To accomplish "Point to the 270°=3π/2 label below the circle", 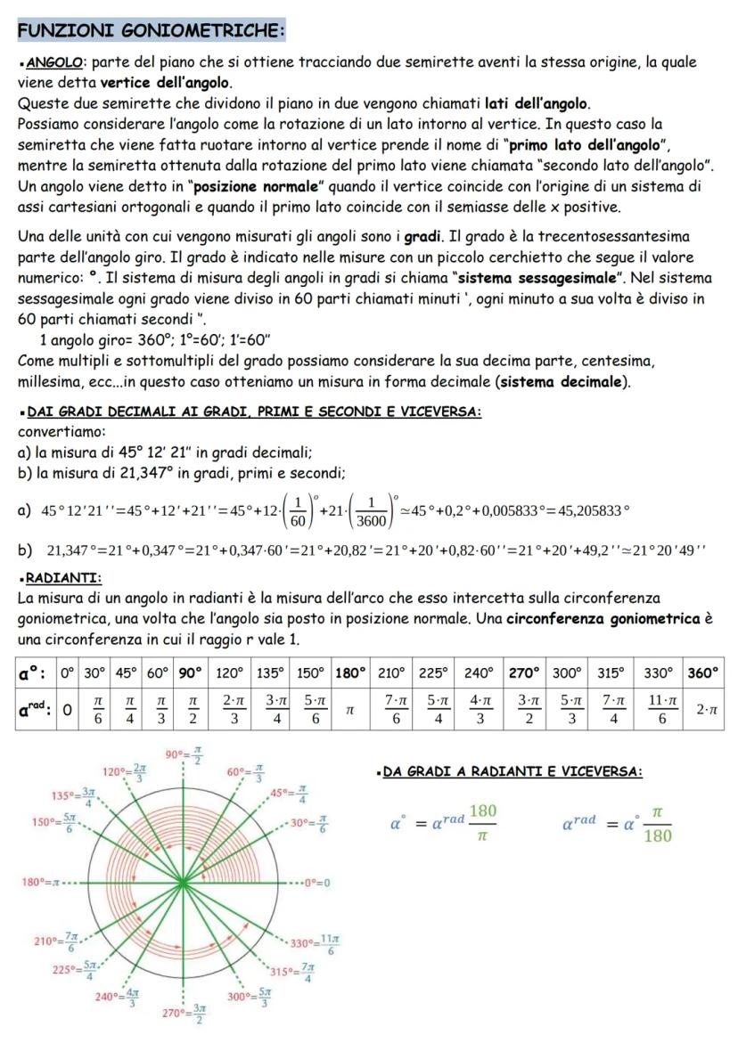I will pyautogui.click(x=185, y=1013).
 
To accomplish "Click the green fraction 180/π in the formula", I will pyautogui.click(x=484, y=820).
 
